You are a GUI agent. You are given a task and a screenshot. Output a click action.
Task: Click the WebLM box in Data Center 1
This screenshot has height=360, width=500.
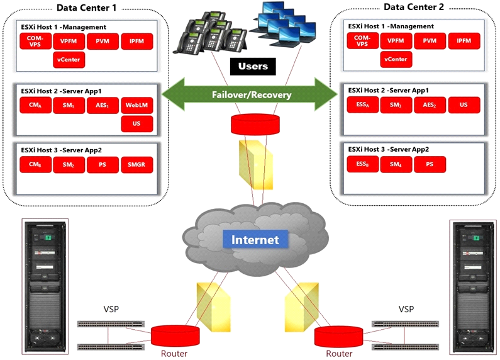(x=137, y=105)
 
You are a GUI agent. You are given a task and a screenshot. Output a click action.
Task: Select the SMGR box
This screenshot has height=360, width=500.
(x=137, y=165)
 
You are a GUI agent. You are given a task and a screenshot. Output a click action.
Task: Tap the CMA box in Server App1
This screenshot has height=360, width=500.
(x=35, y=105)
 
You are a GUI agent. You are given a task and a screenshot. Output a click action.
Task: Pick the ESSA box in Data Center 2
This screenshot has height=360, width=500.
(x=362, y=104)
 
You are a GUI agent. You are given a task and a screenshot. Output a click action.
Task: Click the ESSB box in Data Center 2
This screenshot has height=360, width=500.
(x=362, y=164)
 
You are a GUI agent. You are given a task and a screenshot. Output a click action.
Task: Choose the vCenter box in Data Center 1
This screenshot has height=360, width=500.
(x=69, y=60)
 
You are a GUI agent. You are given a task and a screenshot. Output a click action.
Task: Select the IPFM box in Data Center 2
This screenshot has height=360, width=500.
(x=464, y=41)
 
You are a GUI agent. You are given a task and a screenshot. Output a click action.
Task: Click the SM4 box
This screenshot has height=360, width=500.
(x=396, y=164)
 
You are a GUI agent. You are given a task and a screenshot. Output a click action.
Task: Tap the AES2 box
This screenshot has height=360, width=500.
(x=430, y=105)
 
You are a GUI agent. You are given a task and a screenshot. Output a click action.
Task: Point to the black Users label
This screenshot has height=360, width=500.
(x=253, y=66)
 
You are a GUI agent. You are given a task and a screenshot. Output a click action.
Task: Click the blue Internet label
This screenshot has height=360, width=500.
(x=255, y=239)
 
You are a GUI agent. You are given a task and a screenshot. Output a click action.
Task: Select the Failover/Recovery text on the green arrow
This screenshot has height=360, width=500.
(x=252, y=95)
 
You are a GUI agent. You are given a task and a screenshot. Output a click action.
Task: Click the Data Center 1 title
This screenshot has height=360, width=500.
(x=86, y=8)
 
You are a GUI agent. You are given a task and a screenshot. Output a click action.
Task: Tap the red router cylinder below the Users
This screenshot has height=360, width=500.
(x=255, y=125)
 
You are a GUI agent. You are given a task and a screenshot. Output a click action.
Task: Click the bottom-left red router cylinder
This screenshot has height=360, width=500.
(x=175, y=336)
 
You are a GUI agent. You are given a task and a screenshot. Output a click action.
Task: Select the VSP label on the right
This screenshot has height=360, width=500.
(x=406, y=309)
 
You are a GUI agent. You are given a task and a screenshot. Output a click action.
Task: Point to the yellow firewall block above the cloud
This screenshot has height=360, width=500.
(x=256, y=165)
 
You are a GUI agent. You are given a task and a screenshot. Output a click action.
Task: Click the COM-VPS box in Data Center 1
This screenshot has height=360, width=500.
(x=35, y=41)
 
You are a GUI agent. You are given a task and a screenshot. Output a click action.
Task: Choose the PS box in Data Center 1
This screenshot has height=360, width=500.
(x=103, y=165)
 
